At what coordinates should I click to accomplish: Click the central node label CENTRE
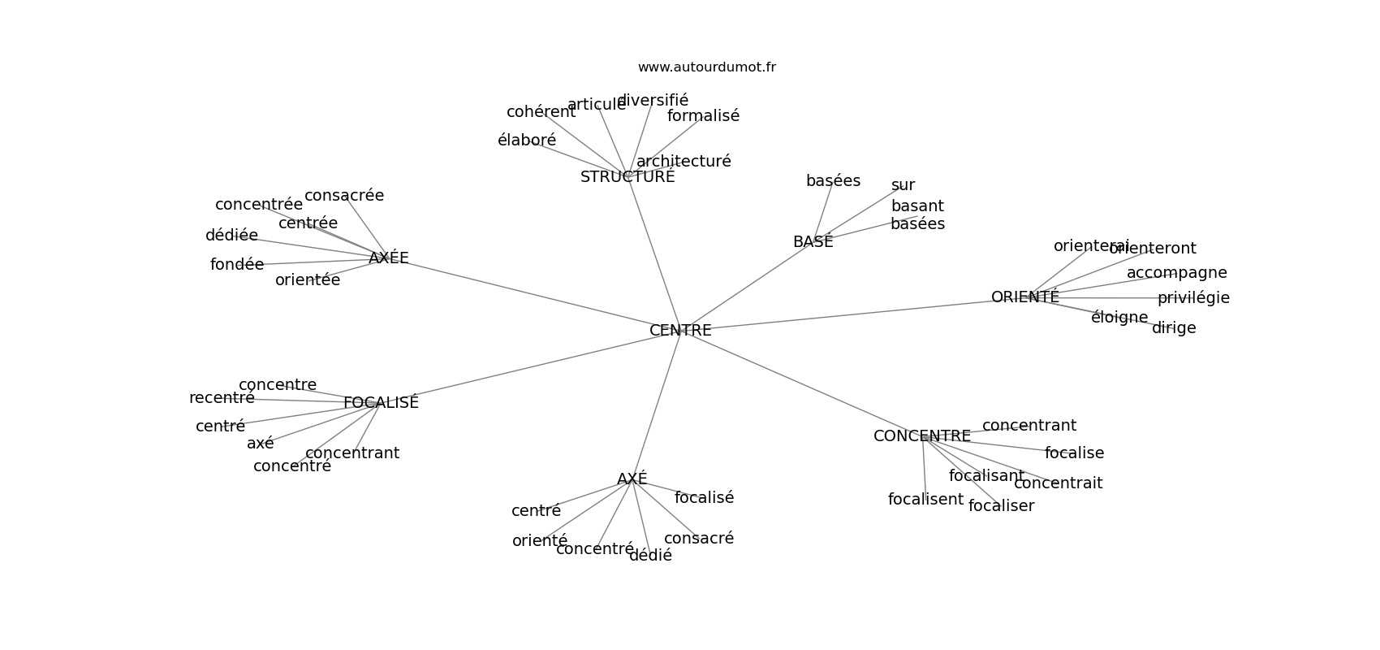pyautogui.click(x=680, y=331)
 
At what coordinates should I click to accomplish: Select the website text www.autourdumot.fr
pyautogui.click(x=706, y=67)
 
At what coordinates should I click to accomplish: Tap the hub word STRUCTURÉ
pyautogui.click(x=627, y=177)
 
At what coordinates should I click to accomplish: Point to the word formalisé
pyautogui.click(x=703, y=116)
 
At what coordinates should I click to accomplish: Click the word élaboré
pyautogui.click(x=527, y=141)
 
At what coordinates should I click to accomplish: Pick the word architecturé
pyautogui.click(x=684, y=162)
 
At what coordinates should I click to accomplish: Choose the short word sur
pyautogui.click(x=903, y=185)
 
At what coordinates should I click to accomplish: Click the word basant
pyautogui.click(x=917, y=206)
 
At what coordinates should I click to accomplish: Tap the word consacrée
pyautogui.click(x=344, y=196)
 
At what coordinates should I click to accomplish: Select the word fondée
pyautogui.click(x=237, y=265)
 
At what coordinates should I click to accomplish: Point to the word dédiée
pyautogui.click(x=231, y=236)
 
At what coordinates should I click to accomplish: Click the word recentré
pyautogui.click(x=222, y=398)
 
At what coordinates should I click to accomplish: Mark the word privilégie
pyautogui.click(x=1193, y=298)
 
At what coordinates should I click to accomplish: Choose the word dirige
pyautogui.click(x=1174, y=328)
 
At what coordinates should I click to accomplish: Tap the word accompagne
pyautogui.click(x=1176, y=273)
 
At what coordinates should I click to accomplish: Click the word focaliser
pyautogui.click(x=1001, y=506)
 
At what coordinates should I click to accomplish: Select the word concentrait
pyautogui.click(x=1058, y=483)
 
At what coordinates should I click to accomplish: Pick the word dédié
pyautogui.click(x=650, y=556)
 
